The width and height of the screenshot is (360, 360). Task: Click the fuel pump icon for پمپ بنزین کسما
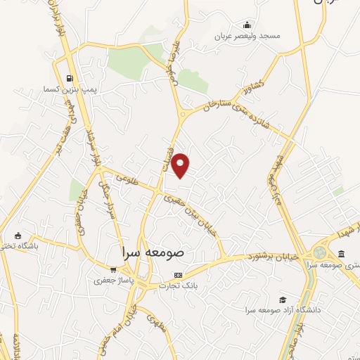[x=69, y=78]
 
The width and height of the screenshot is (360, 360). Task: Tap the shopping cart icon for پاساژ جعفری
[x=113, y=269]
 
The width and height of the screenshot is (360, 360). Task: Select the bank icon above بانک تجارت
[x=178, y=275]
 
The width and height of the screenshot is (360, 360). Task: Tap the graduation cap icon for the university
[x=283, y=300]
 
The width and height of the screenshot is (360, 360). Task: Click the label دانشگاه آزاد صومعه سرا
[x=283, y=310]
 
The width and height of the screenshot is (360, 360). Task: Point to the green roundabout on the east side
[x=321, y=252]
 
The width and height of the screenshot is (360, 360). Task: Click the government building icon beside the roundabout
[x=341, y=253]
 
